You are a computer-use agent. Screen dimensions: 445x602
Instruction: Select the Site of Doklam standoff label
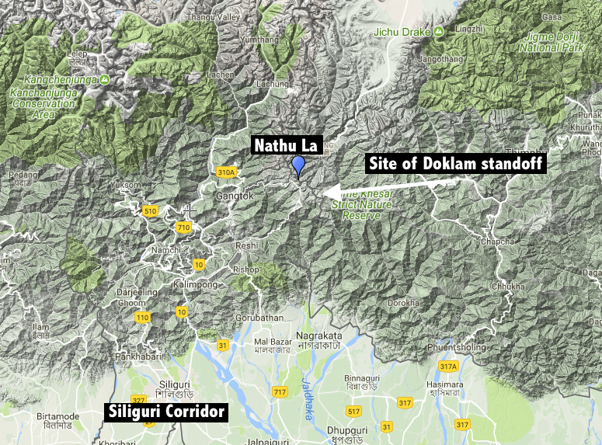pyautogui.click(x=456, y=163)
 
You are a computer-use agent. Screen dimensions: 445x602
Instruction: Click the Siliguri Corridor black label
pyautogui.click(x=166, y=412)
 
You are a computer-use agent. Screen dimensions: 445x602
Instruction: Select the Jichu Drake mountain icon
pyautogui.click(x=439, y=31)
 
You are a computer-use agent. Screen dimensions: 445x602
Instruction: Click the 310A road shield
pyautogui.click(x=227, y=172)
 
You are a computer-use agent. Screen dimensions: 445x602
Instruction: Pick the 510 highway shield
pyautogui.click(x=151, y=210)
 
